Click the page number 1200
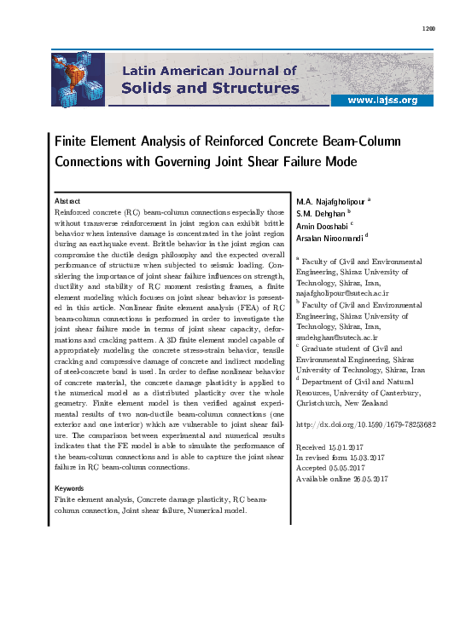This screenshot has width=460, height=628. coord(428,28)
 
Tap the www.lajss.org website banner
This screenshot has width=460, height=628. coord(393,101)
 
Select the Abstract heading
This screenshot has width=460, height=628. coord(67,199)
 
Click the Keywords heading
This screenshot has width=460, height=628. coord(71,488)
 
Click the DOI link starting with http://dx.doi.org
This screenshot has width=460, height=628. coord(366,423)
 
